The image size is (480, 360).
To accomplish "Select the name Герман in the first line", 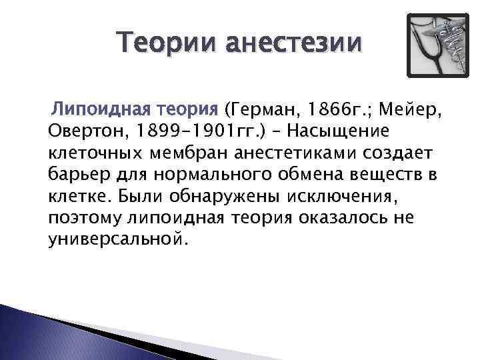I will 262,108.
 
